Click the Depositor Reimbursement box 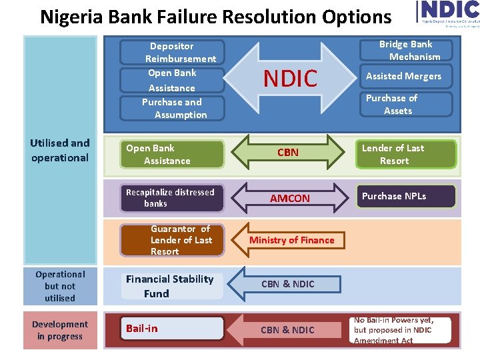172,53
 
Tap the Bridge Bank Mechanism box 405,51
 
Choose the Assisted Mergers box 404,76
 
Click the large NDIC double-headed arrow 290,79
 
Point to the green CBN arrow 288,153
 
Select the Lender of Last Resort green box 406,154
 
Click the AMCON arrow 289,198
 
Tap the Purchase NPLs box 406,196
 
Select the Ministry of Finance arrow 291,240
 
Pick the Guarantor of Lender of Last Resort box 173,240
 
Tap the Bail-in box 173,328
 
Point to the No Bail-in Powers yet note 402,330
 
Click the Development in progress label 60,330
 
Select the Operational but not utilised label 60,286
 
